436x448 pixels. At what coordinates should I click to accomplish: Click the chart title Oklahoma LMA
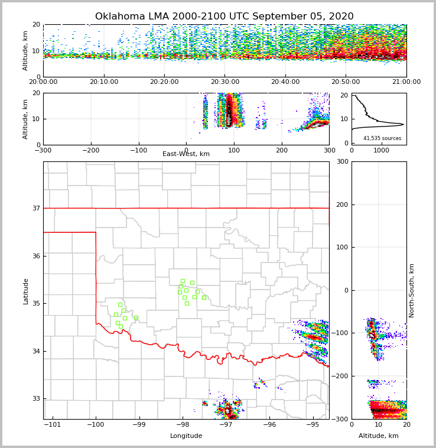pyautogui.click(x=224, y=17)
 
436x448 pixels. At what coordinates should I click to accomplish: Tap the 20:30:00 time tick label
pyautogui.click(x=225, y=82)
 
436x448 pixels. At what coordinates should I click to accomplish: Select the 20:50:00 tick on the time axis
pyautogui.click(x=346, y=82)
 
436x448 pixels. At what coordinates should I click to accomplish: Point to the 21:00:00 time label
pyautogui.click(x=406, y=82)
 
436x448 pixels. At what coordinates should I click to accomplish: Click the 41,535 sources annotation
pyautogui.click(x=382, y=138)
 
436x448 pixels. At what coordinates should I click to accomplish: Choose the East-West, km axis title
pyautogui.click(x=186, y=154)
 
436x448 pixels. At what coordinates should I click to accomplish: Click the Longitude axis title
pyautogui.click(x=186, y=436)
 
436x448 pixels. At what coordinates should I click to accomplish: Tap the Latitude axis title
pyautogui.click(x=25, y=291)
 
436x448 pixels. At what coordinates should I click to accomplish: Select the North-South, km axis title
pyautogui.click(x=412, y=290)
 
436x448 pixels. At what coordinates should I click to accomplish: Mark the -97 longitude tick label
pyautogui.click(x=226, y=425)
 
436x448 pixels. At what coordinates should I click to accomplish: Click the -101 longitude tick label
pyautogui.click(x=53, y=425)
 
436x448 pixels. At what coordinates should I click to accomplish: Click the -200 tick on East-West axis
pyautogui.click(x=90, y=151)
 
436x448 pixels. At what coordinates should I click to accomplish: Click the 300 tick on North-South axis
pyautogui.click(x=341, y=161)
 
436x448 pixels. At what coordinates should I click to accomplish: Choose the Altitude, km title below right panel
pyautogui.click(x=379, y=436)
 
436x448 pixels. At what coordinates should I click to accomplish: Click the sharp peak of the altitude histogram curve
pyautogui.click(x=403, y=125)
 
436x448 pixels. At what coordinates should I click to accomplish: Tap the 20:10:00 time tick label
pyautogui.click(x=105, y=82)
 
